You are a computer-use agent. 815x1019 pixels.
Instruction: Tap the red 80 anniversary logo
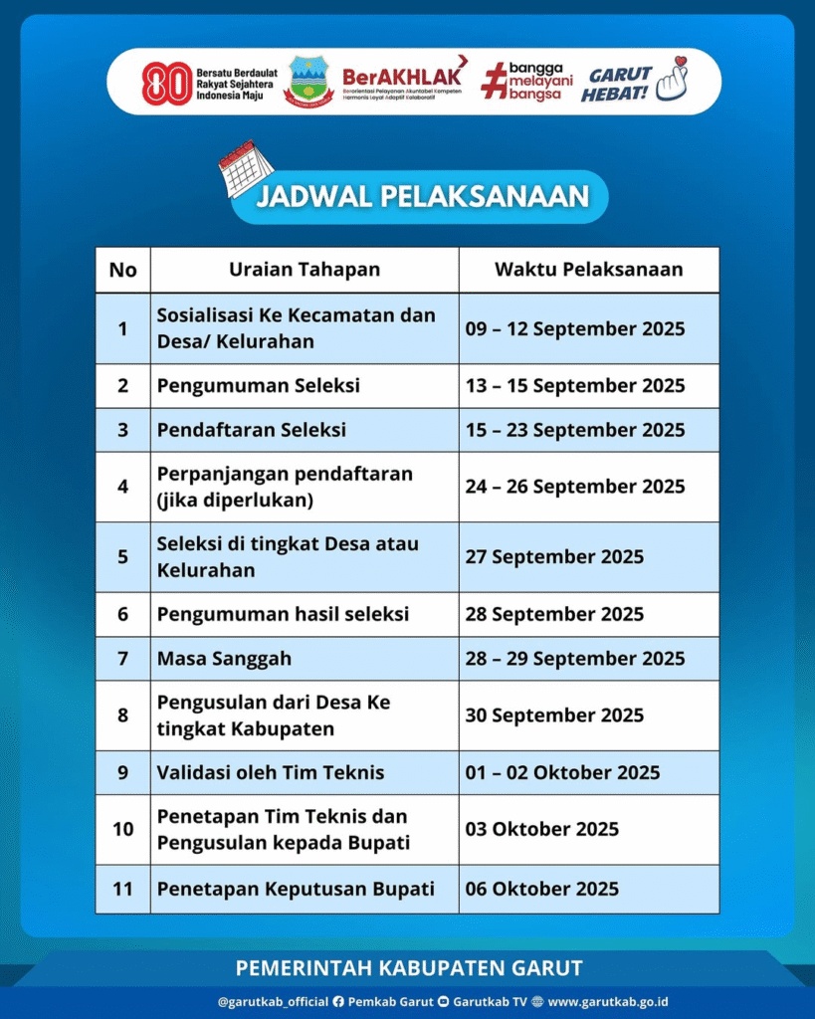click(x=166, y=84)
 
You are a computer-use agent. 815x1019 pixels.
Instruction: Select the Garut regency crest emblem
click(x=308, y=82)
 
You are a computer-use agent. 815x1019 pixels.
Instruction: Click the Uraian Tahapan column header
click(x=305, y=270)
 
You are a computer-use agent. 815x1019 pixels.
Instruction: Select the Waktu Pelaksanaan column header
click(x=589, y=270)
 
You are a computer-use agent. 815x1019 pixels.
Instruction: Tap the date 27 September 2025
click(x=554, y=557)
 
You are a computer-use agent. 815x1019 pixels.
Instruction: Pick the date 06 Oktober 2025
click(x=541, y=890)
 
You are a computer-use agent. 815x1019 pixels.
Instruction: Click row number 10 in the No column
click(x=123, y=829)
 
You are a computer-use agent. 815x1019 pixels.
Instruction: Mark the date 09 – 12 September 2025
click(x=575, y=328)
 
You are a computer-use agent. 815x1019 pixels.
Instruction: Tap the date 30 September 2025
click(x=554, y=715)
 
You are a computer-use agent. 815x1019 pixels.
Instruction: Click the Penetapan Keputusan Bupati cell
click(x=296, y=890)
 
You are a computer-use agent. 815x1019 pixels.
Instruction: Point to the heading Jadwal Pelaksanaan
click(x=422, y=196)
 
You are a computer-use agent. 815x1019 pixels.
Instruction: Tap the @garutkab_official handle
click(x=273, y=1002)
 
